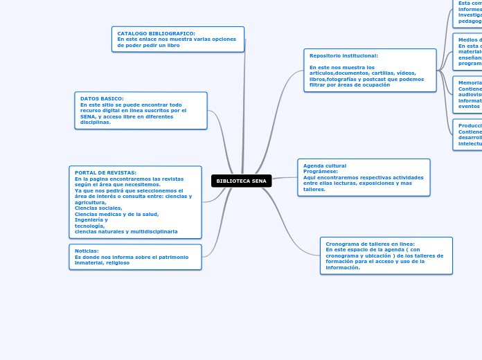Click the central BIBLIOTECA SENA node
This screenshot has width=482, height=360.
pos(241,181)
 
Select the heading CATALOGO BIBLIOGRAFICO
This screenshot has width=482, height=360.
pos(156,33)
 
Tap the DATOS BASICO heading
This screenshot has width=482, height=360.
pos(102,98)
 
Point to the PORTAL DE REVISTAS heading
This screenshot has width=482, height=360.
pos(105,172)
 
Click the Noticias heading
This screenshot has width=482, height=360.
pos(87,251)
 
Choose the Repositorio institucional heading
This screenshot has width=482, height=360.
pos(343,55)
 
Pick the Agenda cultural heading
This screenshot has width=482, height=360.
pos(325,165)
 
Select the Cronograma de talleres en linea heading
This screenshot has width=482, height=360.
pos(370,244)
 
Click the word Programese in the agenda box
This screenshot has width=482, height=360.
pos(321,171)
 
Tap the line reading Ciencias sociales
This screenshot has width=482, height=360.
pos(98,208)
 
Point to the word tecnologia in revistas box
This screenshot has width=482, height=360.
pos(89,226)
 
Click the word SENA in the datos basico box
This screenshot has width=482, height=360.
pos(89,116)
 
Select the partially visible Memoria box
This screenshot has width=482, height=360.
pos(467,94)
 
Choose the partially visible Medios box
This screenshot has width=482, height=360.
pos(467,51)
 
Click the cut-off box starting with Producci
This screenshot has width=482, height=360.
pos(467,134)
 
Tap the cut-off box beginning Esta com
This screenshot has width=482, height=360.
pos(468,12)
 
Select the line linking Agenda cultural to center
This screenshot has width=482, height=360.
pos(285,178)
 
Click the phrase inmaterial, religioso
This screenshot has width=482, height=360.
pos(102,262)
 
